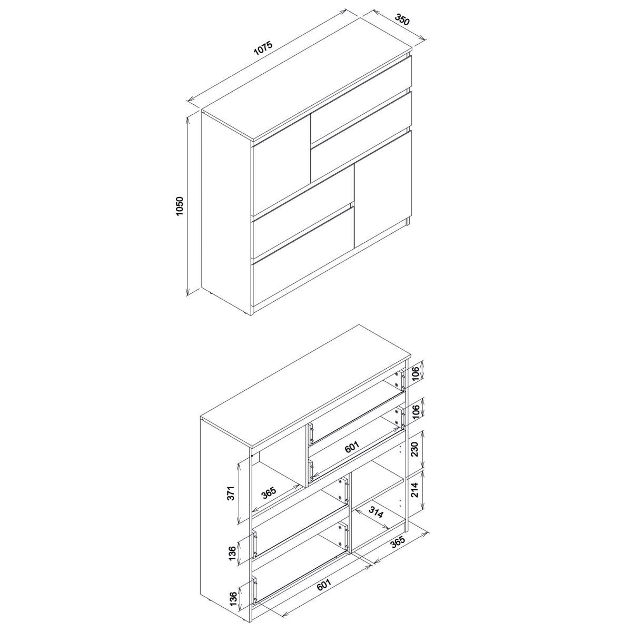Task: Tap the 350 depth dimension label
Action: pyautogui.click(x=402, y=19)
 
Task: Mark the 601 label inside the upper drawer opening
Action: pyautogui.click(x=352, y=447)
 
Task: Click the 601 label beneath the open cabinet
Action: pyautogui.click(x=324, y=584)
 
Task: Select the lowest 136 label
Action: pyautogui.click(x=233, y=599)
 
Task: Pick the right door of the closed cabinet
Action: pyautogui.click(x=383, y=189)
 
